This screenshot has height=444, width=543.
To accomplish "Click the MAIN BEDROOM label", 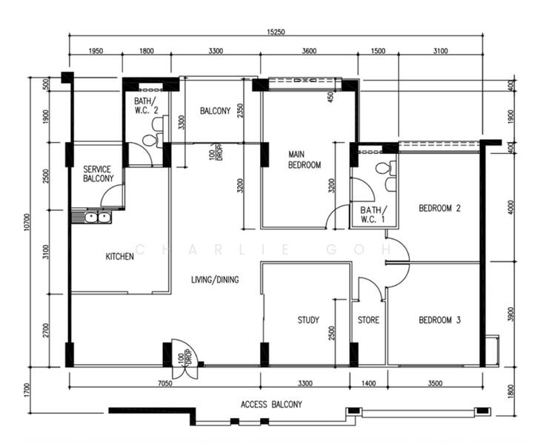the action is click(304, 160).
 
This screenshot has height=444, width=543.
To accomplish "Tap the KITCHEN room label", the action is click(119, 257).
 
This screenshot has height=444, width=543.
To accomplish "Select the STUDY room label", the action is click(308, 320).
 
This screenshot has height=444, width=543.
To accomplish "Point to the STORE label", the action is click(368, 320).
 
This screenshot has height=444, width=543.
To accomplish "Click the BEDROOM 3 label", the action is click(440, 320).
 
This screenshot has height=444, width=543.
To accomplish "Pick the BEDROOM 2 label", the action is click(440, 208).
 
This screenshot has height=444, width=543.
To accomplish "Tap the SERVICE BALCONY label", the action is click(99, 174).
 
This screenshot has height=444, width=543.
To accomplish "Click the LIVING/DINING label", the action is click(215, 279).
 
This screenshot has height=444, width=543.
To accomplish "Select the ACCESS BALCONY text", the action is click(271, 404).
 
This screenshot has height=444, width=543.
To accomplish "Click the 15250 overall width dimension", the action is click(276, 32).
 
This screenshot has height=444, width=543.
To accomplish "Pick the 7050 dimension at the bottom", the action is click(165, 383).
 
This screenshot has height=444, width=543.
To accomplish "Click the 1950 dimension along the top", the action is click(96, 51).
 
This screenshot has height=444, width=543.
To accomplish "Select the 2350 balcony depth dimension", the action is click(240, 111).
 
